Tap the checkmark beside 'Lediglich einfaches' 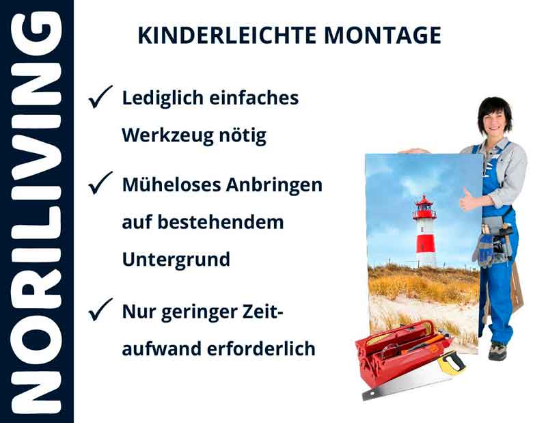(x=100, y=98)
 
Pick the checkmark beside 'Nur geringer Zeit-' (x=100, y=312)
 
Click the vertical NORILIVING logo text (x=36, y=212)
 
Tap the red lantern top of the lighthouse (x=425, y=204)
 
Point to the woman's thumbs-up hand (x=468, y=199)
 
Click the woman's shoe (x=497, y=351)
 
